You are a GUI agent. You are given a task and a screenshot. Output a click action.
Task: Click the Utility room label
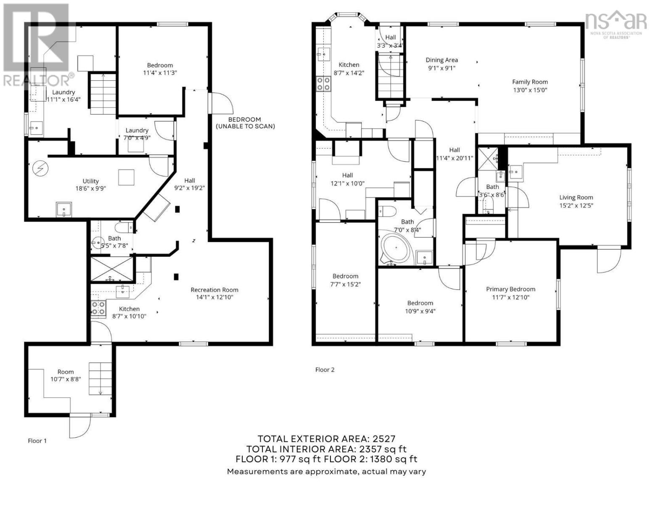(90, 181)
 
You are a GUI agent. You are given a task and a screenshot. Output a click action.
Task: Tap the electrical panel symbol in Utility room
(41, 169)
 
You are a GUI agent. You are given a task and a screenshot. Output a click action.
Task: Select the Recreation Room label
(214, 290)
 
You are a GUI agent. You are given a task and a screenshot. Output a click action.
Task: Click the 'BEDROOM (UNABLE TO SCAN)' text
(245, 123)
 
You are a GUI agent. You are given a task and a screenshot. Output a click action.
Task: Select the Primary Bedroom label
(510, 289)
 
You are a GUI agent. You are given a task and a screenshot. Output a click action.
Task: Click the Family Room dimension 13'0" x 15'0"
(529, 90)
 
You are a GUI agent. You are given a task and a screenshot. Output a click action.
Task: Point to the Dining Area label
(442, 60)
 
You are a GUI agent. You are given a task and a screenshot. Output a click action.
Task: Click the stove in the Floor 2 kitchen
(323, 84)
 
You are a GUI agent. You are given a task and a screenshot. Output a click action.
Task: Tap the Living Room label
(576, 197)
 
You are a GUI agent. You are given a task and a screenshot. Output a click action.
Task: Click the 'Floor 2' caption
(325, 370)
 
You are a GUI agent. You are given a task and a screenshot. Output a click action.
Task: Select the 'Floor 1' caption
(37, 441)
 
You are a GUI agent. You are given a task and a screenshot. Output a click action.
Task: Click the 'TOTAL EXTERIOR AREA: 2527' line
(326, 439)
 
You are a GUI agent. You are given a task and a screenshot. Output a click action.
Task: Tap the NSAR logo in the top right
(616, 23)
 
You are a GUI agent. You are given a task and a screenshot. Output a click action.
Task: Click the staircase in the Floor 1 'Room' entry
(100, 378)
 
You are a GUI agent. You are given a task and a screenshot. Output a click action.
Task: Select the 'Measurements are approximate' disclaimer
(326, 472)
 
